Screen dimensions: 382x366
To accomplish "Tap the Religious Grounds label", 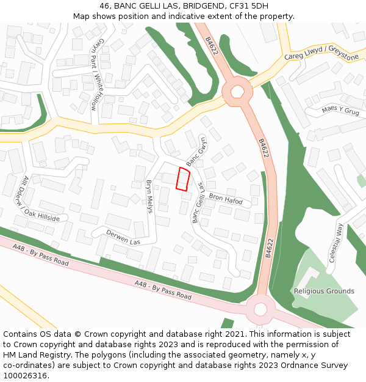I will tap(324, 291).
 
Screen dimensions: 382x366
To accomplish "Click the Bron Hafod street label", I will tap(226, 199).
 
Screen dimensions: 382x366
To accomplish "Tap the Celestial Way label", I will tap(335, 243).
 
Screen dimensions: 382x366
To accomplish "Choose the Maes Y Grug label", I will tap(340, 111).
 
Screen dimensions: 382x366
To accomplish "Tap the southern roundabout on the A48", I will tap(260, 309).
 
